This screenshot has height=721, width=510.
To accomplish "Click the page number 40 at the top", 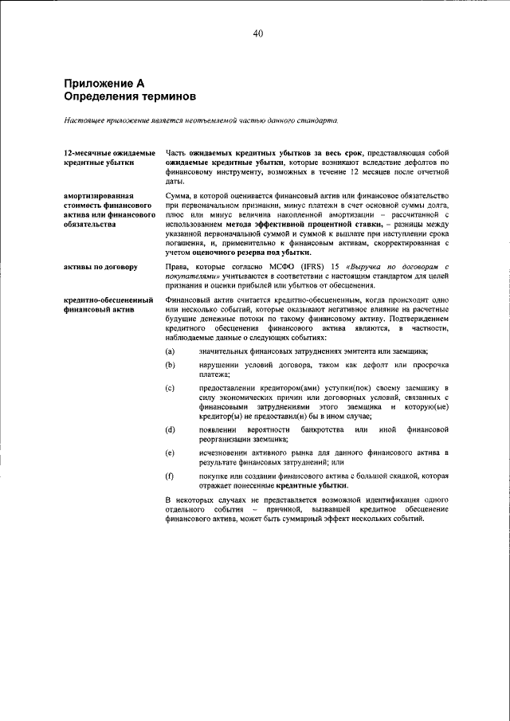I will (257, 33).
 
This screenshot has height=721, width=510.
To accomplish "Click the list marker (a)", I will (170, 351).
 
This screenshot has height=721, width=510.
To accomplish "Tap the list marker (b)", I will (170, 365).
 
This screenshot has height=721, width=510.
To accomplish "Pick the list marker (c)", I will (170, 388).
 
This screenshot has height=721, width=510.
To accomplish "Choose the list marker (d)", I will (170, 429).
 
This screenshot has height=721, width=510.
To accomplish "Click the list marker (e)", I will (170, 453).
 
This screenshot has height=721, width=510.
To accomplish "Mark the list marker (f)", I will (170, 476).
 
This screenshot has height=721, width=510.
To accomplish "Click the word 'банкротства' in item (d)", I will (324, 429).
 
